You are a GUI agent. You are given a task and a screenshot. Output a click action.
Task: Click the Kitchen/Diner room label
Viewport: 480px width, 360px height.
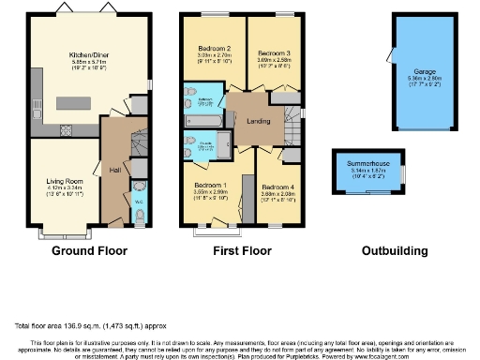point(85,55)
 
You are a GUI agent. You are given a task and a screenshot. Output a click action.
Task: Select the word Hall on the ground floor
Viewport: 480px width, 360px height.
point(113,170)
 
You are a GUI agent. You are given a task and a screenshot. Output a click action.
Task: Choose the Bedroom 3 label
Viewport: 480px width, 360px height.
point(274,53)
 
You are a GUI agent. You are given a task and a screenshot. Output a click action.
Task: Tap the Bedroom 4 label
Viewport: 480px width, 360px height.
point(278,187)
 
